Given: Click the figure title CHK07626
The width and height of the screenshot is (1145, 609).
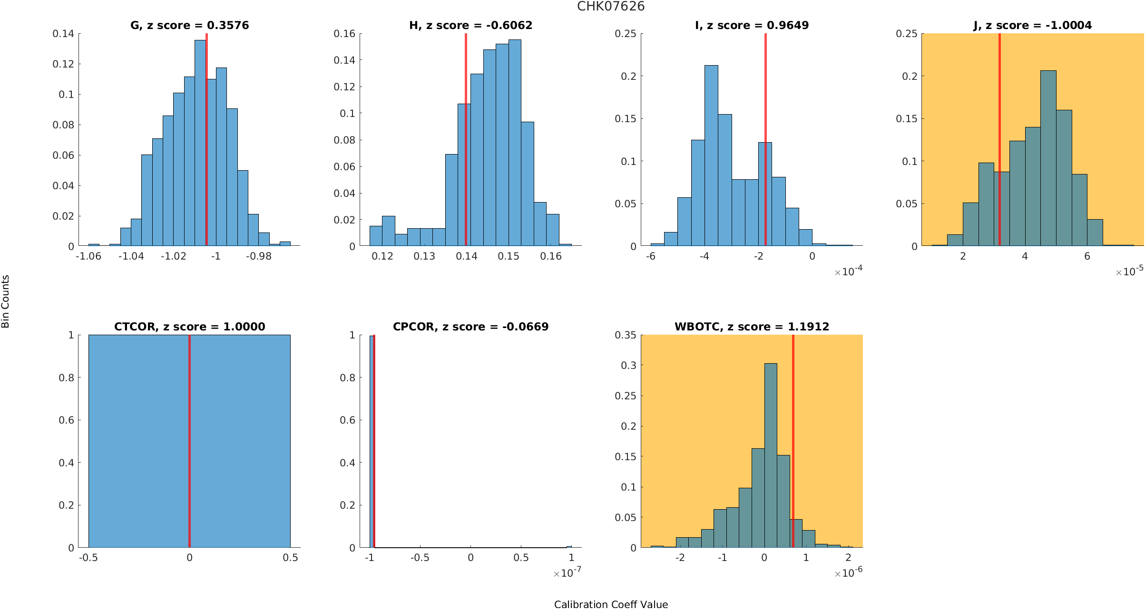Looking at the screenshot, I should click(611, 7).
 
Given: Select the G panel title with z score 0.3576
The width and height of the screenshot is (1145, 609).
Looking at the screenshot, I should click(189, 25).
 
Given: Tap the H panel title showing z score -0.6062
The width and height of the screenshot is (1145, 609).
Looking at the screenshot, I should click(470, 25).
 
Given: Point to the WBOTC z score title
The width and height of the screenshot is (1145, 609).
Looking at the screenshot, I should click(752, 327).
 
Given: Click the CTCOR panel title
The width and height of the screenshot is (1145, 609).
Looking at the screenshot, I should click(189, 327).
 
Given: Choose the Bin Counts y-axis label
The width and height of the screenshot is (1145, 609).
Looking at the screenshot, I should click(6, 301).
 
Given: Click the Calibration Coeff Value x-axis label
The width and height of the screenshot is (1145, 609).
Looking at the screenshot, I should click(611, 604).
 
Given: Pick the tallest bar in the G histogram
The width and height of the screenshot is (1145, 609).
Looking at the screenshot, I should click(200, 143).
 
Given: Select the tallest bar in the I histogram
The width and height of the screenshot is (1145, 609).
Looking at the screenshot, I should click(711, 157).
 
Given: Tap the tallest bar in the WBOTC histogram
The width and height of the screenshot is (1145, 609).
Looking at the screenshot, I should click(771, 456).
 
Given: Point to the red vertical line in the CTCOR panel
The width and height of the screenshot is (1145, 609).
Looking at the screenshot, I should click(189, 442).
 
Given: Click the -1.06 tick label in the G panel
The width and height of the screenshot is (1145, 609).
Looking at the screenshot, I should click(88, 256).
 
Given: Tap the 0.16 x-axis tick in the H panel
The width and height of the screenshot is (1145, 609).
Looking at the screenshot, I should click(551, 256).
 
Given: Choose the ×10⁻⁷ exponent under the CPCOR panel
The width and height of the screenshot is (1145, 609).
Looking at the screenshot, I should click(567, 573).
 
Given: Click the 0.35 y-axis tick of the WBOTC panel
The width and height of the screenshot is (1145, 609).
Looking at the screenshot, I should click(625, 335).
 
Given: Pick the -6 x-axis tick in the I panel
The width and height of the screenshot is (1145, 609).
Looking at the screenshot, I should click(650, 256).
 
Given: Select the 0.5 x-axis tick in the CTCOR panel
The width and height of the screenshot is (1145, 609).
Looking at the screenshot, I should click(290, 558).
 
